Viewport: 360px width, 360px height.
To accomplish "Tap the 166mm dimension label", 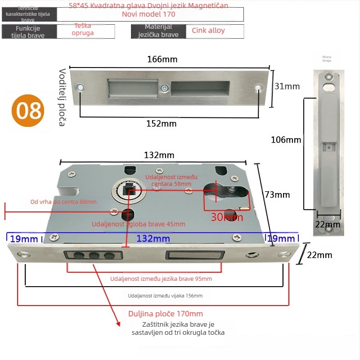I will click(162, 59).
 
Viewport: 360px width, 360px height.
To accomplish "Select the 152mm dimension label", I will click(162, 123).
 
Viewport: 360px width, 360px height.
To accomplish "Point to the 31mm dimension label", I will click(287, 86).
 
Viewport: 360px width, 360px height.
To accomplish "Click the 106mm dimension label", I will click(286, 139).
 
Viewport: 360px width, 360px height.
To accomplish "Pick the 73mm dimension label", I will click(277, 194).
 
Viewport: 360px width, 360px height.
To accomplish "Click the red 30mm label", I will click(227, 217).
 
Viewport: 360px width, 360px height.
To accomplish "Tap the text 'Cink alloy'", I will click(208, 31).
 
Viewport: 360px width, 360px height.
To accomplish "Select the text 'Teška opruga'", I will click(84, 30).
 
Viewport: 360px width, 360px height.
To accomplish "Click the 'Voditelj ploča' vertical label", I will click(62, 97).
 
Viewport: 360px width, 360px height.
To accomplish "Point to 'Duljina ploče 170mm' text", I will click(166, 314).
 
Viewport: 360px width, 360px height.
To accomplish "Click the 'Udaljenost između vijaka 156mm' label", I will click(165, 296).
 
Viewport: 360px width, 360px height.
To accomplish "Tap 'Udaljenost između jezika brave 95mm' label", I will click(161, 279).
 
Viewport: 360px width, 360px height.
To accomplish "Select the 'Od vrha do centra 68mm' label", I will click(63, 202).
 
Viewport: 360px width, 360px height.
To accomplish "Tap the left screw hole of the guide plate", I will click(81, 87).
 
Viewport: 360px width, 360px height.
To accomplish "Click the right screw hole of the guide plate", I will click(257, 88).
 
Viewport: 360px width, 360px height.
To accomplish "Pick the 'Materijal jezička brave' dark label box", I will click(158, 31).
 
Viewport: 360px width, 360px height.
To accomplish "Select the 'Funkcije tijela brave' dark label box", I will click(29, 31).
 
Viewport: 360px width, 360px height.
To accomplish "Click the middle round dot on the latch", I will click(95, 256).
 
